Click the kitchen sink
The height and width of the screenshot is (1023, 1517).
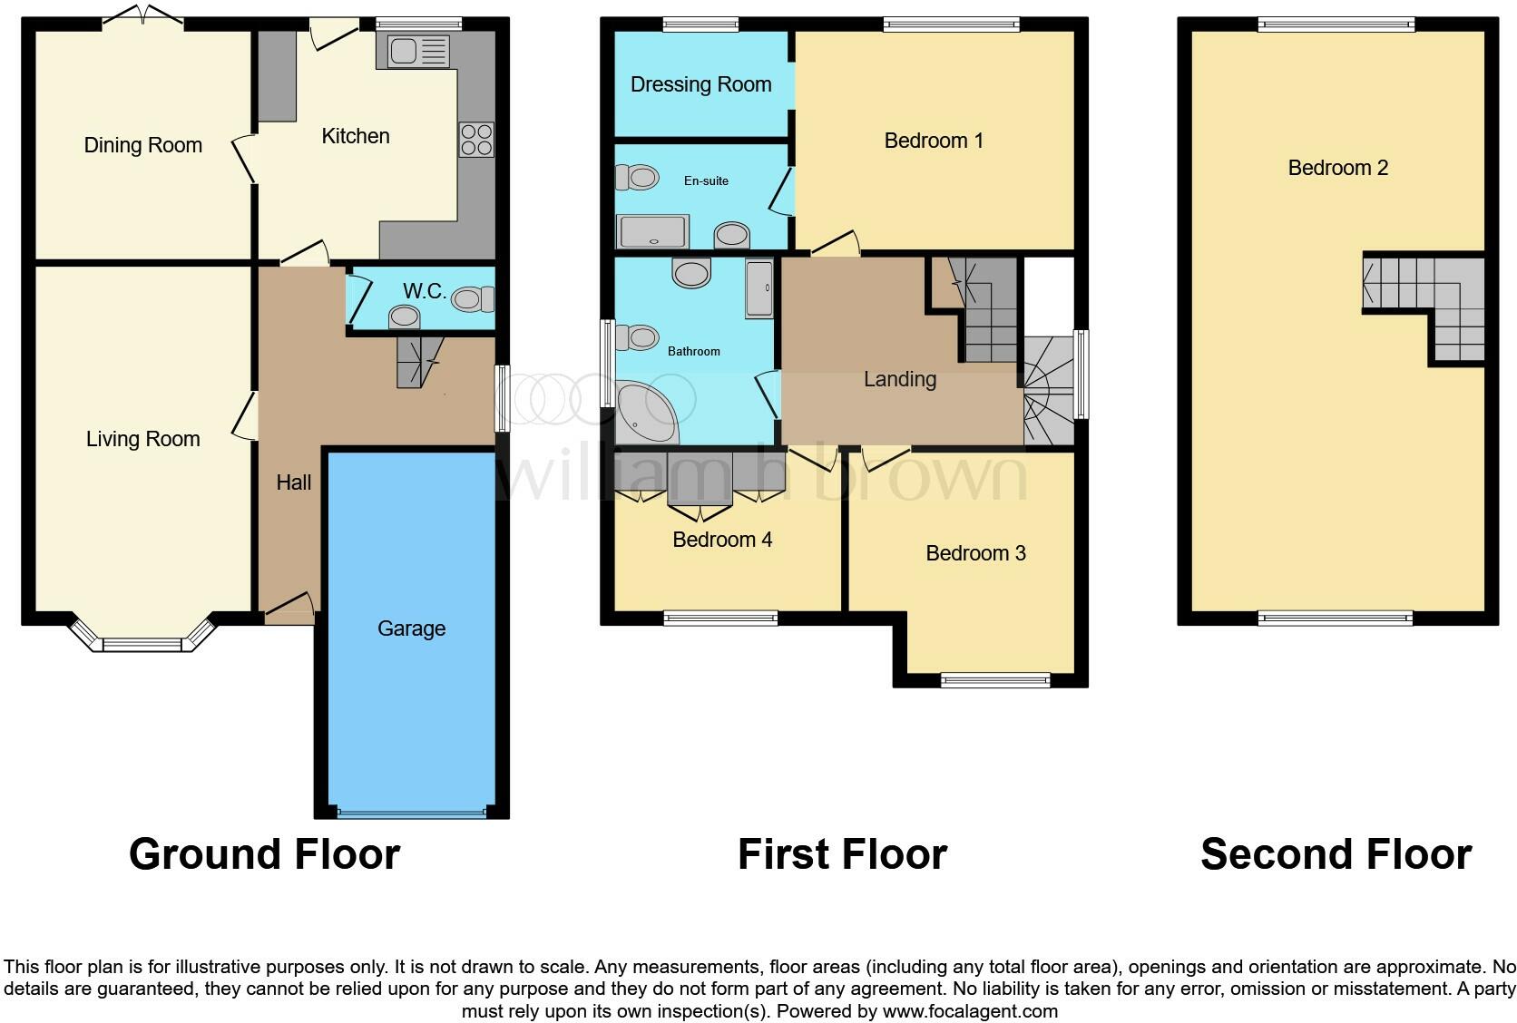coord(418,52)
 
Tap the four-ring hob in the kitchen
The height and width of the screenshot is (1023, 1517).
coord(476,139)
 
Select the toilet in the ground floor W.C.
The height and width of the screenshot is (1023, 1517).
coord(473,298)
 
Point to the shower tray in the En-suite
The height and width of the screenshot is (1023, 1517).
coord(651,232)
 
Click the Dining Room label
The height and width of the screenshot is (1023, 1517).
coord(142,145)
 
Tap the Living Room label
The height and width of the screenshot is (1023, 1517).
coord(142,439)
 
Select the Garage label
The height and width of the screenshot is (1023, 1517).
coord(411,628)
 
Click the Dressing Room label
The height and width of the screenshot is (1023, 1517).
coord(700,84)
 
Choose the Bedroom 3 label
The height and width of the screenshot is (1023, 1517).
coord(975,553)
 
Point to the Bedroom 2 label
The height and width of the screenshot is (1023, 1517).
coord(1337,168)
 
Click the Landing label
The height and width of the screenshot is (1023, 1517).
coord(899,379)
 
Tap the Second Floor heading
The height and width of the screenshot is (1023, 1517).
coord(1336,854)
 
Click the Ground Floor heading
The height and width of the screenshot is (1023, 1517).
coord(264,854)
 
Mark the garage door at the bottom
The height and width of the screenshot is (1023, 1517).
coord(411,813)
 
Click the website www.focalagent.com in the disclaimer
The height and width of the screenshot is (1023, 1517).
coord(969,1011)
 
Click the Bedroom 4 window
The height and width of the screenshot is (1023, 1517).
coord(720,619)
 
